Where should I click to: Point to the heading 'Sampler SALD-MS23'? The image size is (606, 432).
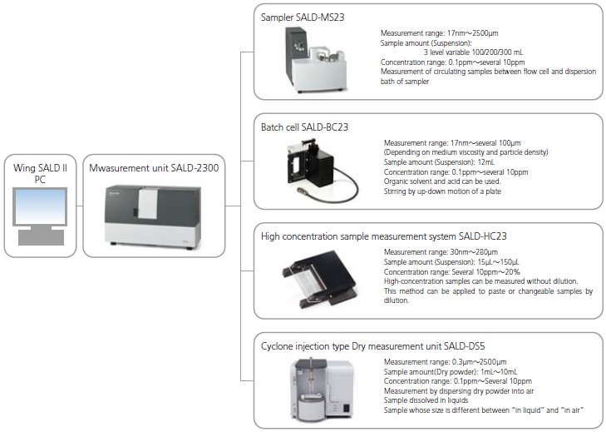301,17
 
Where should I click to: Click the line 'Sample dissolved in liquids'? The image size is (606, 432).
427,400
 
